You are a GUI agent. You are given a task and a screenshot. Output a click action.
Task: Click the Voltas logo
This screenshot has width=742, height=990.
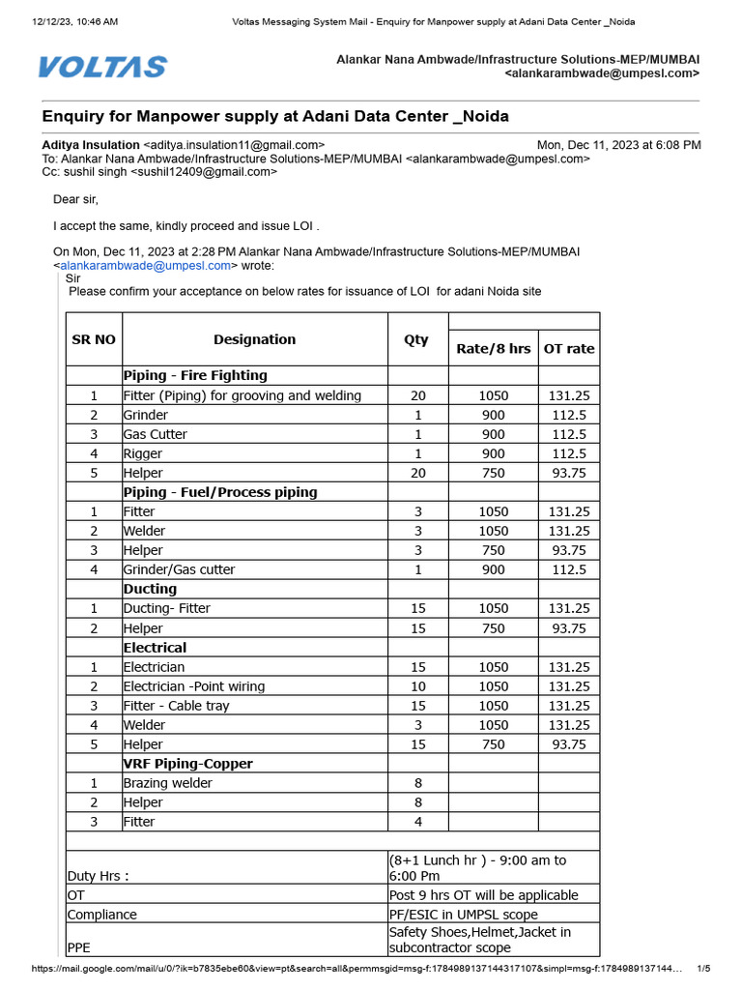[x=102, y=67]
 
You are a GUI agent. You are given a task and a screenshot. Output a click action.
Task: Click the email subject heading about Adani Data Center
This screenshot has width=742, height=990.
[x=275, y=116]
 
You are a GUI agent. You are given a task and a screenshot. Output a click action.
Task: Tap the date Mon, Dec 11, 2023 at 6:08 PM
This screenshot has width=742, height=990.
[x=618, y=145]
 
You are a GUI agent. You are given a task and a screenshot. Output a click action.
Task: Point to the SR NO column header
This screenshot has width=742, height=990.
[x=94, y=339]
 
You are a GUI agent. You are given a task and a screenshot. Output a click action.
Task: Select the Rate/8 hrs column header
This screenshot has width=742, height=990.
[x=493, y=348]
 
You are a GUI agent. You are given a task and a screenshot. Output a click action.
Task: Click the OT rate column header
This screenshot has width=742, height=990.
[x=569, y=348]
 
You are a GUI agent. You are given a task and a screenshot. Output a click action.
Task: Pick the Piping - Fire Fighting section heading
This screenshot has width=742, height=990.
[x=195, y=375]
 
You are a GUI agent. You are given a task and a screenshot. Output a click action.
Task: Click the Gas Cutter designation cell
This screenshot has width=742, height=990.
[x=156, y=434]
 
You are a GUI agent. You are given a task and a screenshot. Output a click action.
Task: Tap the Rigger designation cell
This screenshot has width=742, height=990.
[x=143, y=453]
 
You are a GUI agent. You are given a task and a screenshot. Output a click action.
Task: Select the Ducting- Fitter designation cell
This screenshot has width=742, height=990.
[x=167, y=608]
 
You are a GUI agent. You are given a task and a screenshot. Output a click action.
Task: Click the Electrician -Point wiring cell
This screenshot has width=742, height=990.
[x=194, y=686]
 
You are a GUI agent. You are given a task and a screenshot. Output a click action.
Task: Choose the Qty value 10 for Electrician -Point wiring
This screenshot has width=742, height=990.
[x=417, y=686]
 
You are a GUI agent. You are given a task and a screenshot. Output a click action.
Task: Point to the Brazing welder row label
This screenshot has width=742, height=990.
[x=168, y=783]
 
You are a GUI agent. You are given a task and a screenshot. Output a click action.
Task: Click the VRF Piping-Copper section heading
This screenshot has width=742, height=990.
[x=187, y=764]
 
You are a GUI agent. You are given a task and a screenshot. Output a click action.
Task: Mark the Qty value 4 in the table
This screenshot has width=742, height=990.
[x=417, y=822]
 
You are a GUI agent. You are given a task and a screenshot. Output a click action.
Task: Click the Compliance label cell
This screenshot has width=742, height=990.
[x=102, y=915]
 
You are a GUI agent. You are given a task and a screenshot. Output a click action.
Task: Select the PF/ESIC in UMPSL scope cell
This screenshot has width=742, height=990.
[x=464, y=915]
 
